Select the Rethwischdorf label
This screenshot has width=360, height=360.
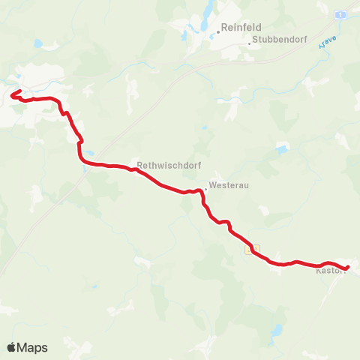[160, 166]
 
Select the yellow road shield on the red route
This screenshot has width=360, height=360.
[253, 248]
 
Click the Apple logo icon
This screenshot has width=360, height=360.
[12, 347]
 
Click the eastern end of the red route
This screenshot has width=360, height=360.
[349, 266]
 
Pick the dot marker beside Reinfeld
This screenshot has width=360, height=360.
[218, 31]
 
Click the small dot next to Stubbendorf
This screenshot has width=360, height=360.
[250, 43]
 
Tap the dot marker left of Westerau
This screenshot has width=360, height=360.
[206, 184]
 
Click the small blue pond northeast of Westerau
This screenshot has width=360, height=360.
[281, 149]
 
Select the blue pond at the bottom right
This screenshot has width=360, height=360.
[277, 330]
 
